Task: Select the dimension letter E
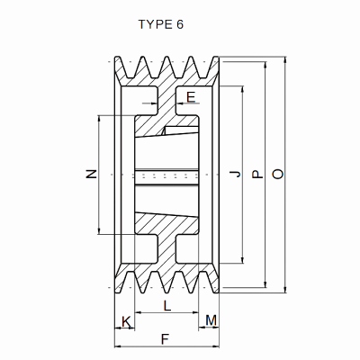[x=190, y=95]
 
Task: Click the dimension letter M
[x=211, y=320]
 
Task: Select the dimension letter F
[x=164, y=339]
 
